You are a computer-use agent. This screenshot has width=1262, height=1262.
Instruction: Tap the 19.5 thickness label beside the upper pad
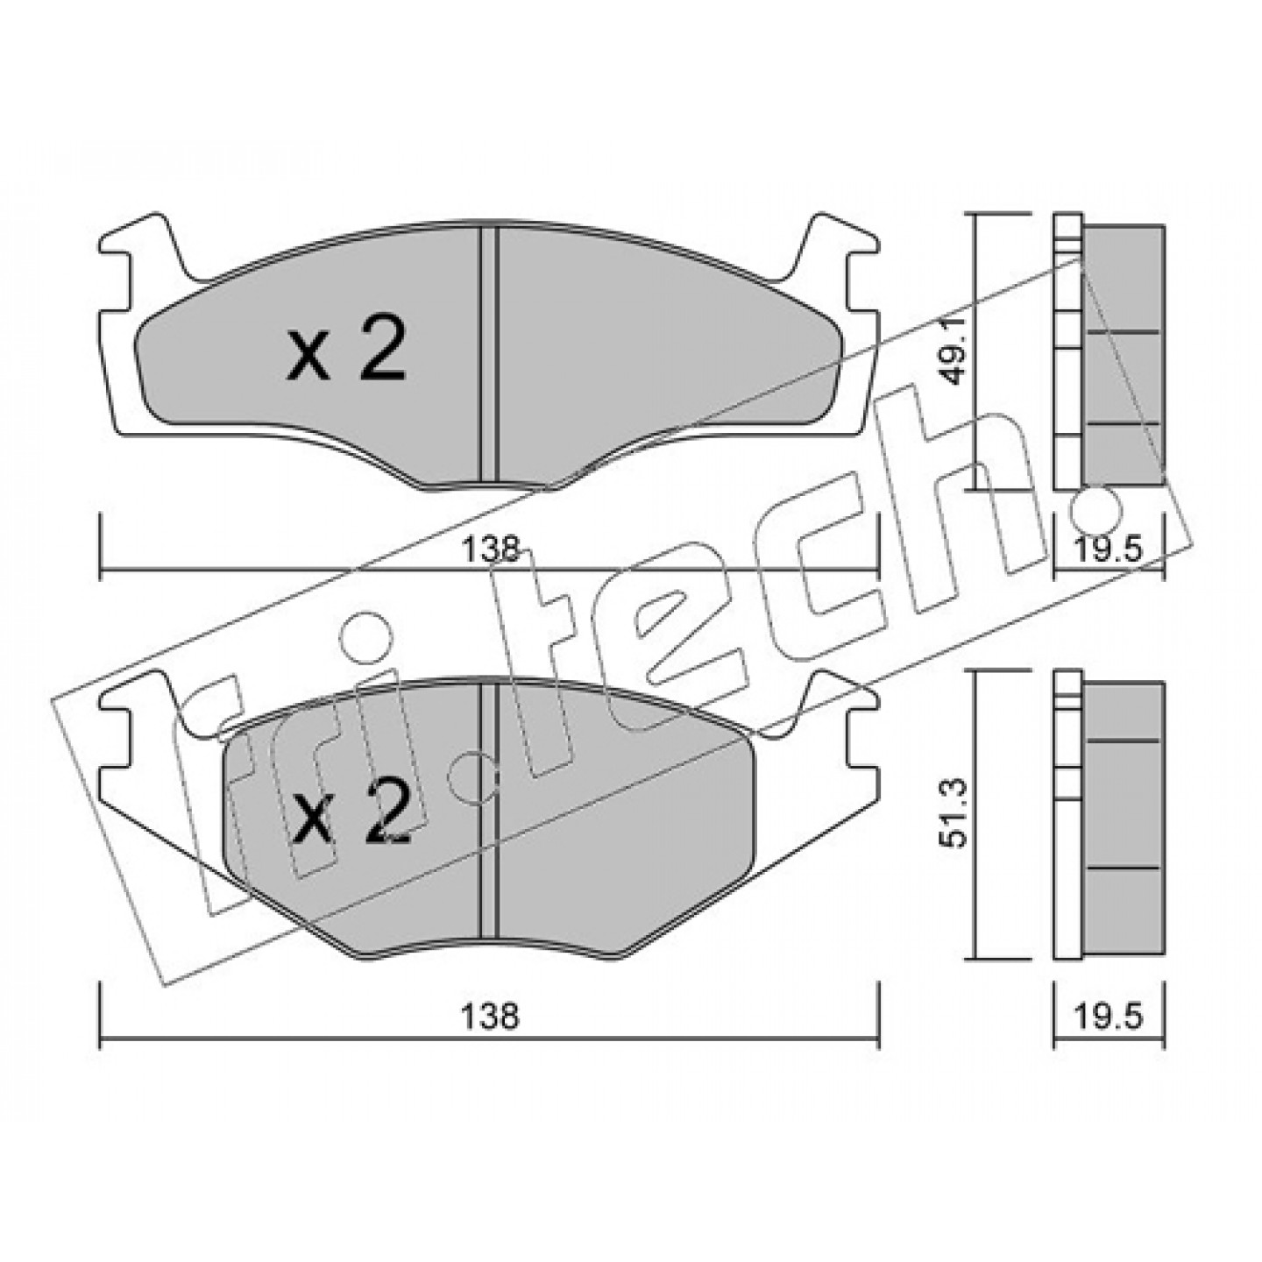click(1108, 549)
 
